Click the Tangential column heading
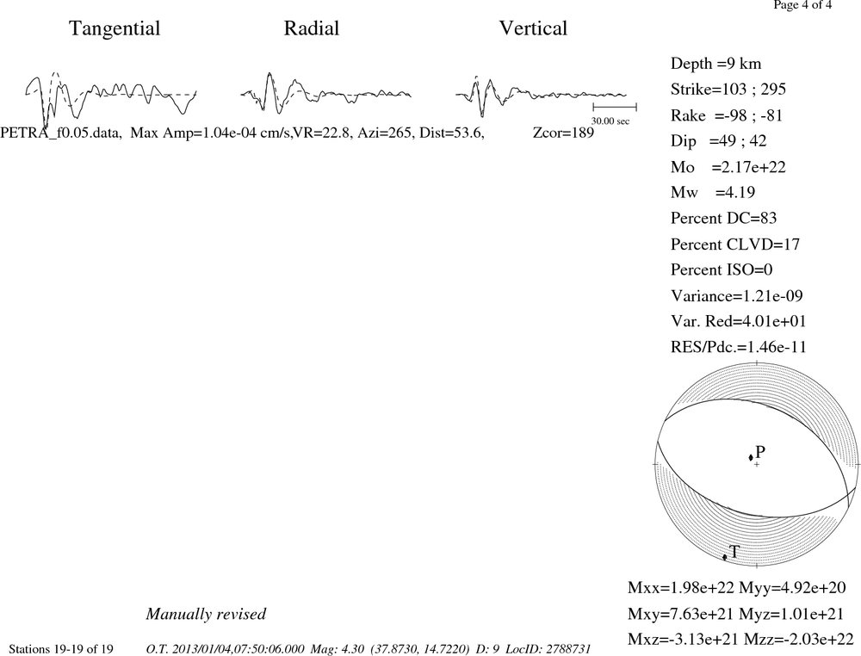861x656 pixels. click(x=115, y=29)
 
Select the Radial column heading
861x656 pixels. click(x=312, y=28)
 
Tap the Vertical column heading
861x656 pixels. click(x=533, y=28)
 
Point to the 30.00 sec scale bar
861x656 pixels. click(x=615, y=107)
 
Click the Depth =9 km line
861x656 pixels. click(x=716, y=64)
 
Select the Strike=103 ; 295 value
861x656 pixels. click(x=728, y=90)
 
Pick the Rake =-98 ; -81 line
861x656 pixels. click(x=727, y=115)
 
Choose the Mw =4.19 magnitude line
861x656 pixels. click(x=713, y=193)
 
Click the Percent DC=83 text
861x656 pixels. click(x=724, y=219)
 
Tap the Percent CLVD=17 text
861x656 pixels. click(x=735, y=244)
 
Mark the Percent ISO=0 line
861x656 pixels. click(x=722, y=270)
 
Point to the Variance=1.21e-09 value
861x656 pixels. click(x=737, y=296)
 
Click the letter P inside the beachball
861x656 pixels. click(x=760, y=452)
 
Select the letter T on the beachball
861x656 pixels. click(x=734, y=552)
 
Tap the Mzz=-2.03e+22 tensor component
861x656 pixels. click(x=799, y=639)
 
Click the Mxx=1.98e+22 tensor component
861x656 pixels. click(x=681, y=588)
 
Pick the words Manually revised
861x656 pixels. click(x=206, y=614)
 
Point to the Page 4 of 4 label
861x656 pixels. click(x=802, y=5)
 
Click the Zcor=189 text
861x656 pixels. click(x=563, y=133)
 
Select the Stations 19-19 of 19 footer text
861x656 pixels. click(x=61, y=649)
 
